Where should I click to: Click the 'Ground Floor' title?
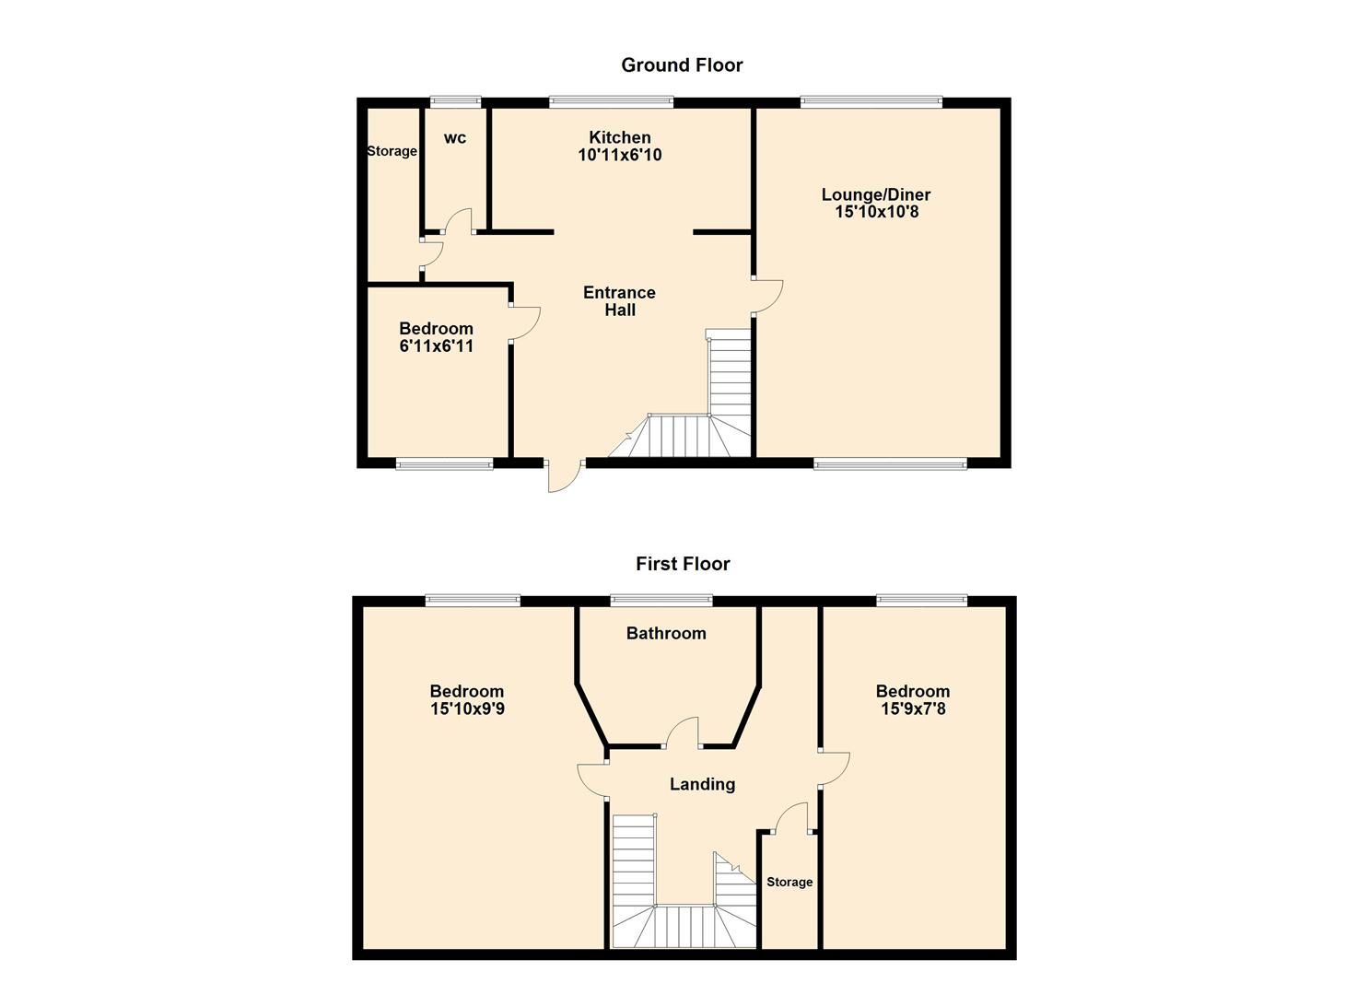click(682, 65)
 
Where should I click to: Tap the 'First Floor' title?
click(683, 564)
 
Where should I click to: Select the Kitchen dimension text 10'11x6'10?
click(619, 156)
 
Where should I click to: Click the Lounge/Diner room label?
click(876, 194)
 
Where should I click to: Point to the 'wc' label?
click(455, 138)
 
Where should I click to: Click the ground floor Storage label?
click(392, 151)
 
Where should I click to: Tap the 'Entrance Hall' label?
click(619, 301)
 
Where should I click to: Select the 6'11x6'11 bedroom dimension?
click(436, 346)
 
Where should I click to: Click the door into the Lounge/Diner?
click(766, 295)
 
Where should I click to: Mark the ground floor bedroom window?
click(444, 463)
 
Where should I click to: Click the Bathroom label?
click(666, 634)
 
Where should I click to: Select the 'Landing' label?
click(702, 785)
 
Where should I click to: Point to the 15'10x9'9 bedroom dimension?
click(467, 709)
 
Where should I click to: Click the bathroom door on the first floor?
click(684, 733)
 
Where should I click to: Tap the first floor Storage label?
click(789, 883)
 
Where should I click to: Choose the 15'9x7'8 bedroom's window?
click(922, 602)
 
